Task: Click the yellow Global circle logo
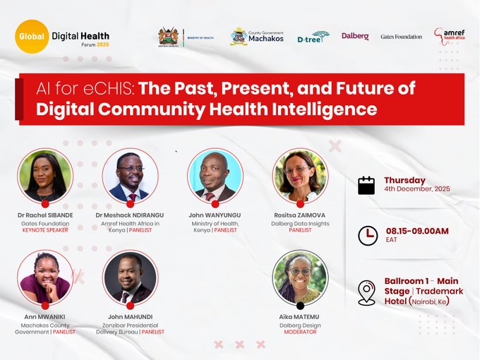[x=32, y=36]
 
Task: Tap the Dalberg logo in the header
[x=355, y=36]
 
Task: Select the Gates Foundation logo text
[x=401, y=37]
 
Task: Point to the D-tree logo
[x=313, y=37]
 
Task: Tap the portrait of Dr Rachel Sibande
[x=45, y=176]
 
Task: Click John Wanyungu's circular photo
[x=215, y=176]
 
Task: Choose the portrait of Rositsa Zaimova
[x=300, y=176]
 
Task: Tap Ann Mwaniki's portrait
[x=45, y=277]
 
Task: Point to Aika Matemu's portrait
[x=300, y=277]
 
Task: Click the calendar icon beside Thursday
[x=366, y=185]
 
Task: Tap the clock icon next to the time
[x=368, y=235]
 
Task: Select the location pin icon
[x=366, y=292]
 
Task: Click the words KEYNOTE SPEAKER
[x=45, y=230]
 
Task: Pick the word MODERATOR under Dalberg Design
[x=300, y=332]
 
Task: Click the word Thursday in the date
[x=404, y=180]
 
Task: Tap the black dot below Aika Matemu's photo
[x=300, y=306]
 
